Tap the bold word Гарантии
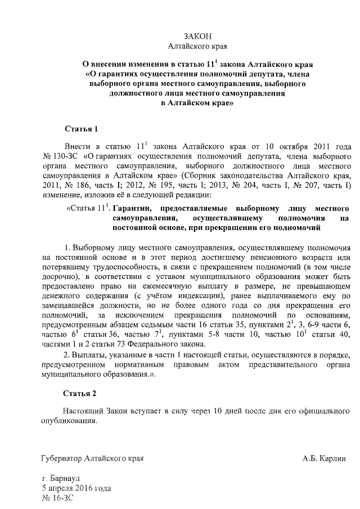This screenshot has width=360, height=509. (x=132, y=208)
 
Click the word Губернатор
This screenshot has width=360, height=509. (x=61, y=458)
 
